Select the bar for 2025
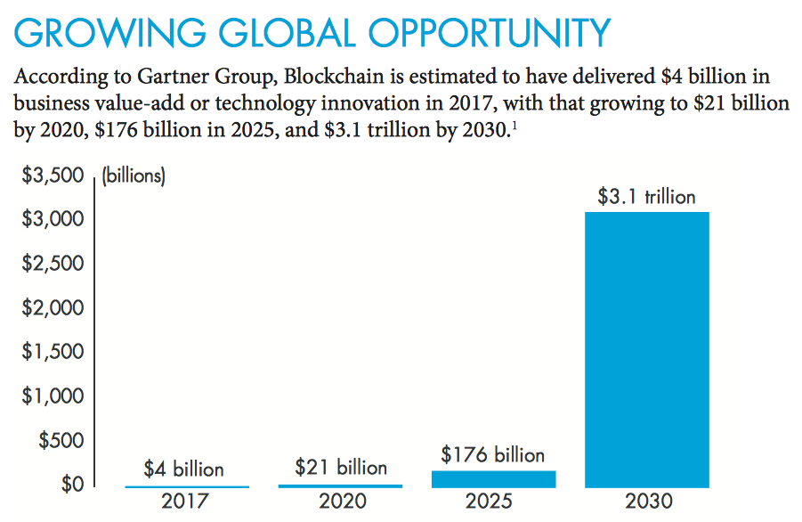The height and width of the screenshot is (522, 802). point(493,479)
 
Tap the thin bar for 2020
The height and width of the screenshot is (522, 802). point(340,485)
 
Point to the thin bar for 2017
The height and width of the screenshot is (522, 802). point(187,486)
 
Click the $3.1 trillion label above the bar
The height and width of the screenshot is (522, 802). point(646,197)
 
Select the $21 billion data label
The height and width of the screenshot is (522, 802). point(340,467)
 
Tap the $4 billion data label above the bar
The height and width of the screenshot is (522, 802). point(184,469)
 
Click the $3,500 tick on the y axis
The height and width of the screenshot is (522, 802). point(52,175)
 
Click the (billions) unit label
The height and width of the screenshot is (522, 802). point(134,175)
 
